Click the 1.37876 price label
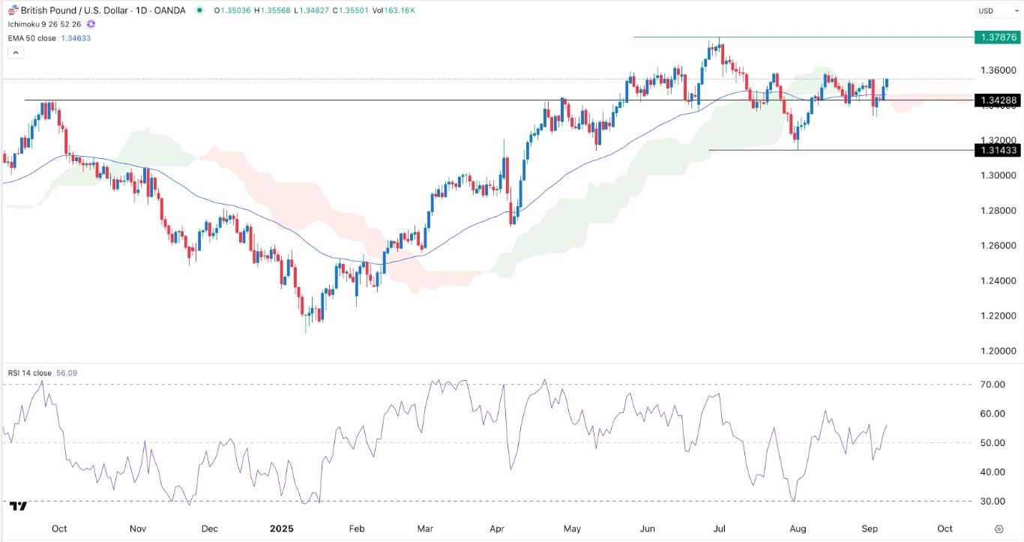pyautogui.click(x=996, y=37)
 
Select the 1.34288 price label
pyautogui.click(x=996, y=100)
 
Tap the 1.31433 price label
pyautogui.click(x=996, y=151)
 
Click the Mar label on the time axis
pyautogui.click(x=425, y=529)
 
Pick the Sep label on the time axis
pyautogui.click(x=870, y=529)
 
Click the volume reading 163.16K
pyautogui.click(x=400, y=10)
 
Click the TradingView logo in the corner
pyautogui.click(x=19, y=506)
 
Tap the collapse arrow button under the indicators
pyautogui.click(x=16, y=52)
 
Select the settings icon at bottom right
pyautogui.click(x=999, y=529)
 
